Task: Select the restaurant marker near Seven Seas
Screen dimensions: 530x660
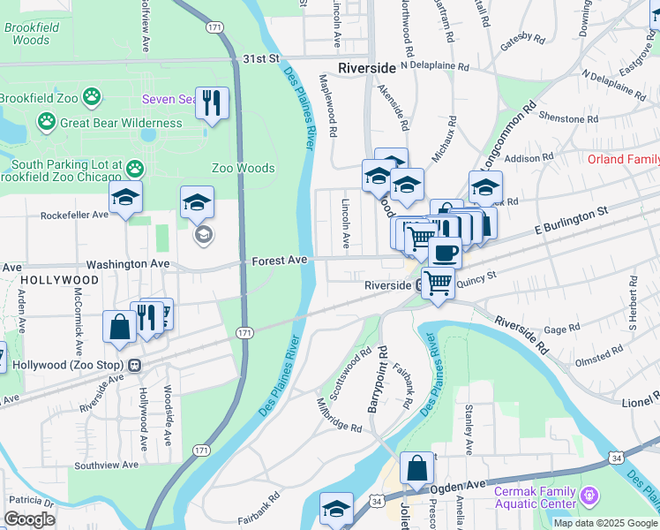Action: point(211,102)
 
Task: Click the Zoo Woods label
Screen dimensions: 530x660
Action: point(243,168)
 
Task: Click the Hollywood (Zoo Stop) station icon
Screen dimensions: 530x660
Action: point(134,365)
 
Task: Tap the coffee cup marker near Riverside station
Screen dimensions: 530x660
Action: point(445,252)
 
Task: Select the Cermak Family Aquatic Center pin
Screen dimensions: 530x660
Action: point(590,496)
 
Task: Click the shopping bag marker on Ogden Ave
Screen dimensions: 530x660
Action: point(416,468)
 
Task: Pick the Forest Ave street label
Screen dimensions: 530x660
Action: point(279,261)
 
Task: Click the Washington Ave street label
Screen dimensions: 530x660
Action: point(127,264)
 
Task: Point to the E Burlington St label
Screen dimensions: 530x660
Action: point(572,221)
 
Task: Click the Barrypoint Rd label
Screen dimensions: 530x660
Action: point(381,377)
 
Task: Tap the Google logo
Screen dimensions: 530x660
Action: point(29,519)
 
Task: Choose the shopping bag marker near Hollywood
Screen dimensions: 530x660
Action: point(119,326)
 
